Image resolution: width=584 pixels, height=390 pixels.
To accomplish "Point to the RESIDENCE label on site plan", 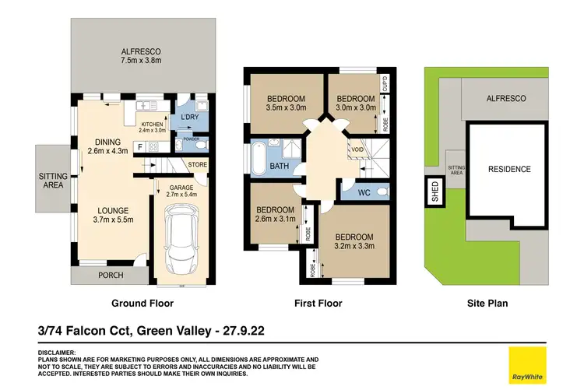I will pyautogui.click(x=509, y=169).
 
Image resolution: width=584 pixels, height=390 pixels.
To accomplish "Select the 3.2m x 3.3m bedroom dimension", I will pyautogui.click(x=354, y=247).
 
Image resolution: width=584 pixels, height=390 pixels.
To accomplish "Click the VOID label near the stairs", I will pyautogui.click(x=357, y=149).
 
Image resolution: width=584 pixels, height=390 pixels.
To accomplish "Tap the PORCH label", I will pyautogui.click(x=111, y=275).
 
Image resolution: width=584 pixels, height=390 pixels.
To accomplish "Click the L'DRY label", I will pyautogui.click(x=190, y=117).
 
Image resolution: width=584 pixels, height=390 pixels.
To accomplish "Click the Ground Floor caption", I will pyautogui.click(x=142, y=304).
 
